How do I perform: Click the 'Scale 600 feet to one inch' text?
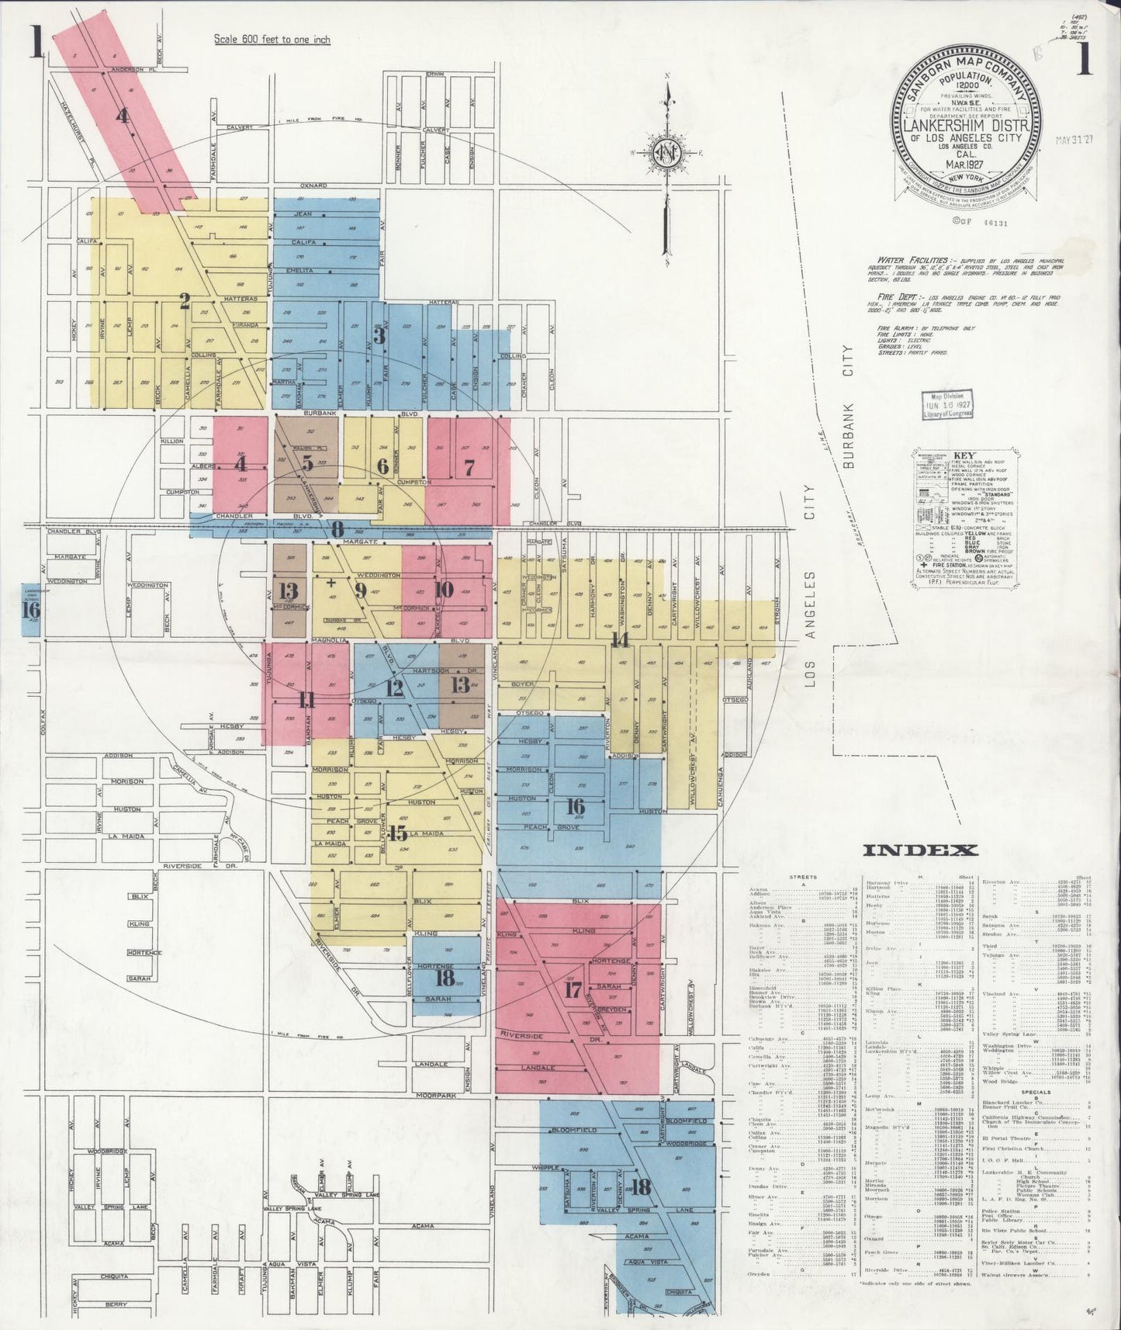(272, 40)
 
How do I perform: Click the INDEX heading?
(920, 850)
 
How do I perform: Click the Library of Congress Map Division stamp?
(946, 405)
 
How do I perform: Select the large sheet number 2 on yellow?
(185, 300)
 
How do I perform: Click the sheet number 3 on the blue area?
(379, 335)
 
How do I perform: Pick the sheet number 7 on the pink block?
(469, 467)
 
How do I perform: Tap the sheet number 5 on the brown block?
(308, 464)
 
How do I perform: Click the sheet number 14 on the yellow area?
(619, 639)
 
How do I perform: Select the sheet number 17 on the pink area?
(573, 990)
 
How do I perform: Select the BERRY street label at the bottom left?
(116, 1304)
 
